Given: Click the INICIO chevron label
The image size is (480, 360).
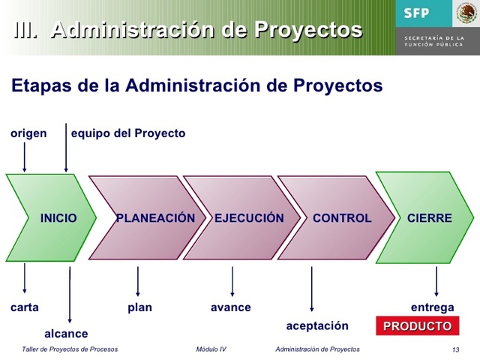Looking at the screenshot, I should (x=58, y=218).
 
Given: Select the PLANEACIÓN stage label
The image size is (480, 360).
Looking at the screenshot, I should (x=155, y=218).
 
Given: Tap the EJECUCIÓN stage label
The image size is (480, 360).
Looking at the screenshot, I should (x=249, y=218).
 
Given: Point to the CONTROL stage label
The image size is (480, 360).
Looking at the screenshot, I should (x=342, y=218).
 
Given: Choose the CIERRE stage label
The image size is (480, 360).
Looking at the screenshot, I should (x=429, y=218).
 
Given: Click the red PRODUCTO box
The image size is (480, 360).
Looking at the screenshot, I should (x=417, y=326).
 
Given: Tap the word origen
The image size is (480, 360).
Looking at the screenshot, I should (x=28, y=133).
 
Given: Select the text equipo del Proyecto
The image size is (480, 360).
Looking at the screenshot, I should (x=127, y=133).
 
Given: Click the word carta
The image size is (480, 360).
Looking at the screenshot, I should (x=25, y=307).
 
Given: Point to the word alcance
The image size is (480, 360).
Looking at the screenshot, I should (x=66, y=334).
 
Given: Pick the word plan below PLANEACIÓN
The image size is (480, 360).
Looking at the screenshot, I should (x=139, y=307).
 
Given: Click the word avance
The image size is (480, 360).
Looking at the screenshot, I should (x=231, y=307).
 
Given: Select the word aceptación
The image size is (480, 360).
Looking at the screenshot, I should (x=317, y=325).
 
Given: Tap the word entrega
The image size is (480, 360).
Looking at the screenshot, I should (x=432, y=307).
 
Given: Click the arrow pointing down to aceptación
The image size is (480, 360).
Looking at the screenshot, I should (x=312, y=289).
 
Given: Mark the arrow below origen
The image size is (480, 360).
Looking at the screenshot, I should (x=25, y=157).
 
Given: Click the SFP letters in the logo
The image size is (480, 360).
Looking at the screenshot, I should (x=417, y=13).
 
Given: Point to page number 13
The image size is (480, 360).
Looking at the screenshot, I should (x=456, y=350).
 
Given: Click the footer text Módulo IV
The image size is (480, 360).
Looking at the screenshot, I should (x=211, y=349).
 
